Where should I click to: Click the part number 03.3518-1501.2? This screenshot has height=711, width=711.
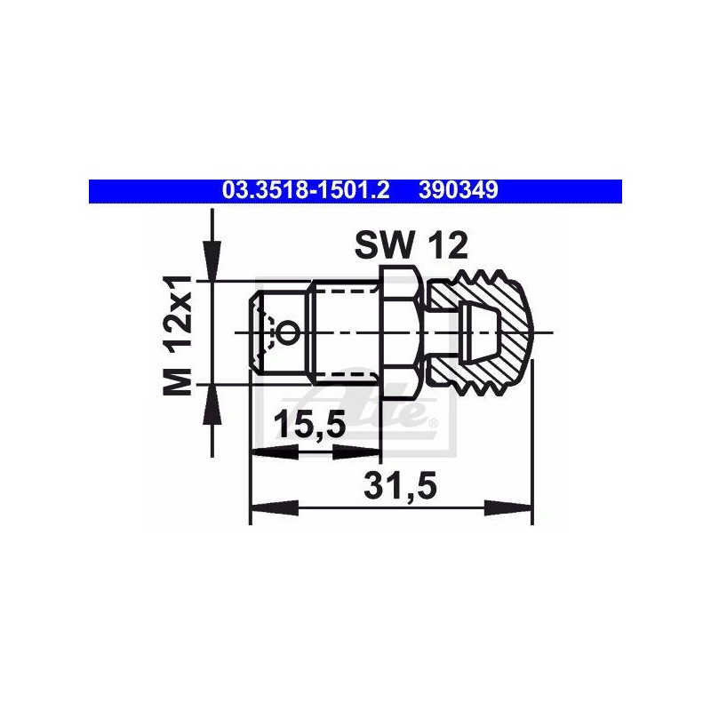pos(306,191)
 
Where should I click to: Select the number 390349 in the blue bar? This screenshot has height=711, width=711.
pos(459,191)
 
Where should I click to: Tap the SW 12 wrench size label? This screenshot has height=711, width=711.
pos(411,245)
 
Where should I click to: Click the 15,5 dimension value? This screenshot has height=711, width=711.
pos(310,425)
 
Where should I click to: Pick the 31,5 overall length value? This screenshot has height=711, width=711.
pos(401,486)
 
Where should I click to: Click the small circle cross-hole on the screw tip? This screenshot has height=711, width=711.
pos(288,332)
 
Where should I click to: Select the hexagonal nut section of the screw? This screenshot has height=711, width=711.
pos(402,332)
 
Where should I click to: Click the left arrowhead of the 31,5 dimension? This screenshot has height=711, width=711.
pos(275,507)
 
